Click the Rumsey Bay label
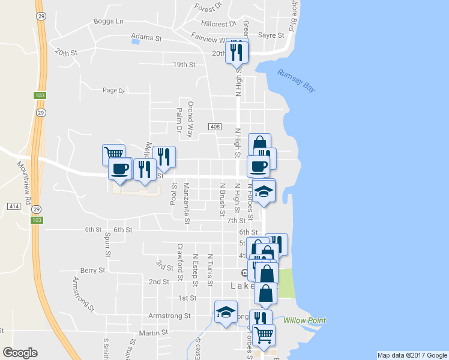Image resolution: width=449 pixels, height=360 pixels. [x=297, y=81]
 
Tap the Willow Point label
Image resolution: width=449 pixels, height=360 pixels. [x=305, y=320]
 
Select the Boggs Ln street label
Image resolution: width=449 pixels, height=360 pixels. [x=108, y=22]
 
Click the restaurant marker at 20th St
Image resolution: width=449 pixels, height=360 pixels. [x=237, y=52]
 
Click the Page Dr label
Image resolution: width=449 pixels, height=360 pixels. [x=113, y=91]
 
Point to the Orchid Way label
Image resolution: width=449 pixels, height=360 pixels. [x=190, y=112]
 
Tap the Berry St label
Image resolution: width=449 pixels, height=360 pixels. [x=92, y=271]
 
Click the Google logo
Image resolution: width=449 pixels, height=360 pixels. [x=20, y=353]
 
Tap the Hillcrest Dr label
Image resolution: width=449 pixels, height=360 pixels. [x=218, y=24]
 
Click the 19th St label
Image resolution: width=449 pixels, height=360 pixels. [x=184, y=64]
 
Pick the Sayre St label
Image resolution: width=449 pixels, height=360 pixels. [x=271, y=35]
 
